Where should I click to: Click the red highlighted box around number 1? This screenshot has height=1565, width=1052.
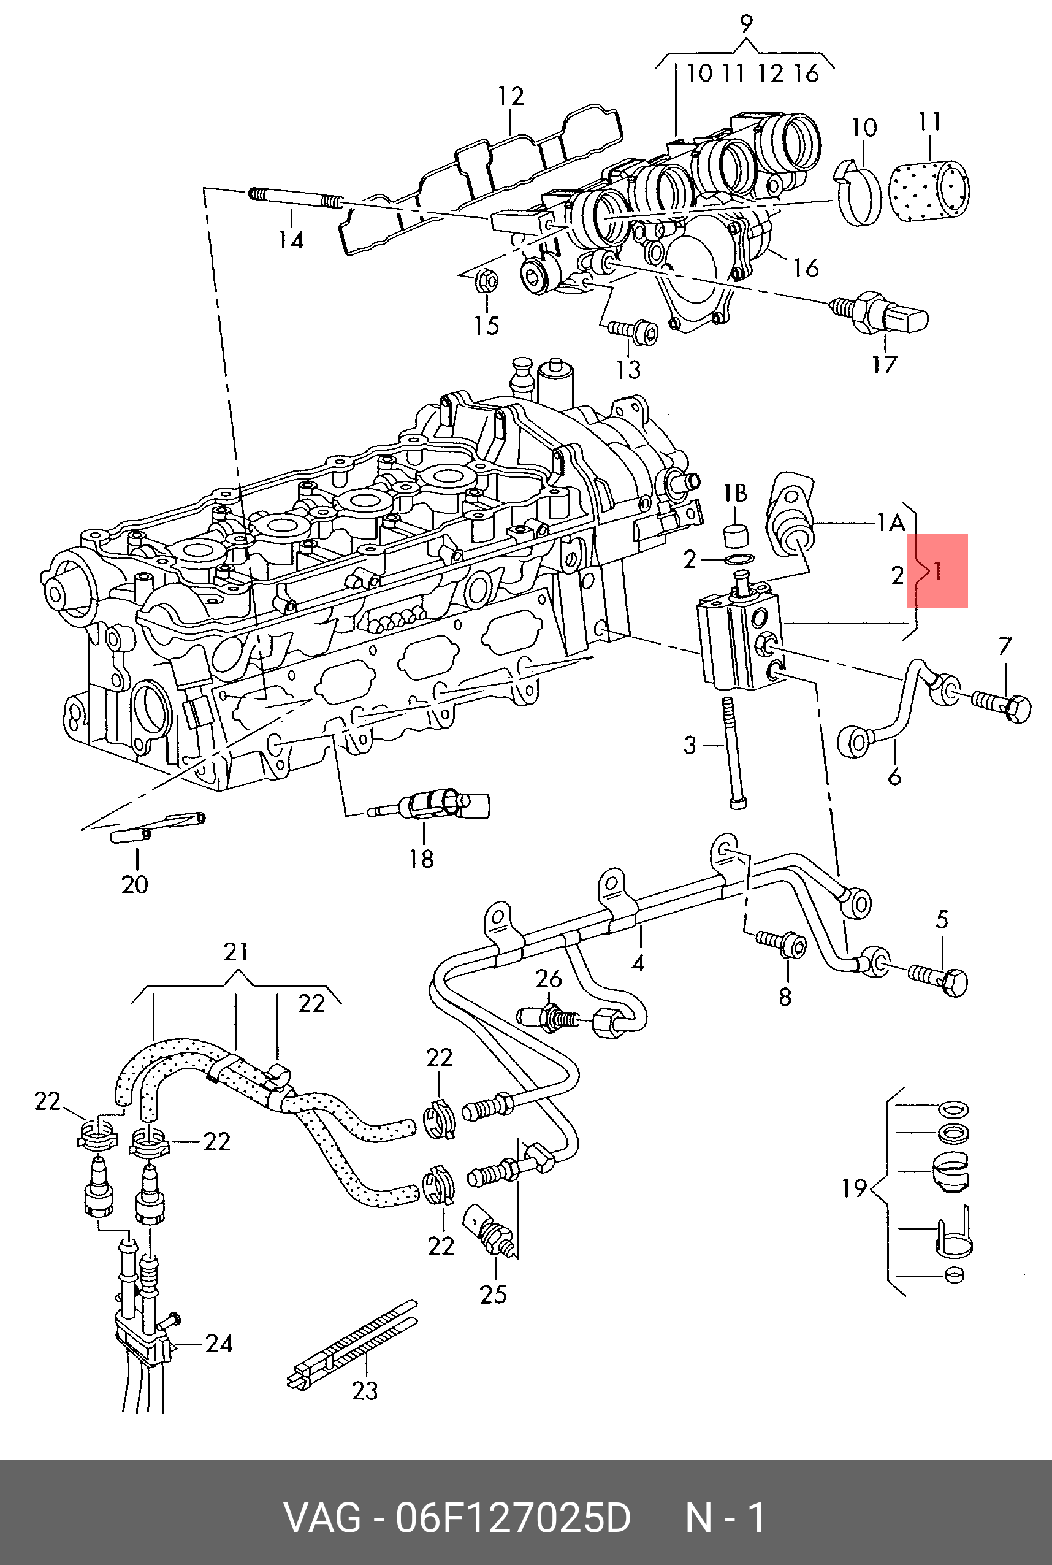click(937, 571)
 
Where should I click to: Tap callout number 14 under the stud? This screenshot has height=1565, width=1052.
click(291, 240)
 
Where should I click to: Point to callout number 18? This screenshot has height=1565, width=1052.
click(421, 859)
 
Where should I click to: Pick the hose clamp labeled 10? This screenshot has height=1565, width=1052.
click(860, 191)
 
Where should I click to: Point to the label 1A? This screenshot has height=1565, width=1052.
click(891, 522)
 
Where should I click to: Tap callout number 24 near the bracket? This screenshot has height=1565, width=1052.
click(219, 1344)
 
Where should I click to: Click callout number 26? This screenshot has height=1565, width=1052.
click(548, 979)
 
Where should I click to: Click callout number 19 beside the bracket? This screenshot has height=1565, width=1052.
click(855, 1188)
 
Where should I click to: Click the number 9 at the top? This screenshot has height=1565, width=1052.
click(745, 23)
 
